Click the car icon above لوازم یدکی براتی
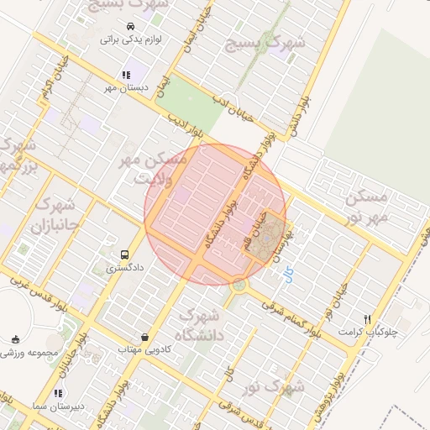tap(131, 26)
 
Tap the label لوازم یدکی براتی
tap(131, 39)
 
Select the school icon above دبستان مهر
tap(126, 75)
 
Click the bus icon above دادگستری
tap(125, 254)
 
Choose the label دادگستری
tap(124, 268)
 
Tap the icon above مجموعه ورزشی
tap(15, 339)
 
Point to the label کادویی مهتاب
tap(144, 349)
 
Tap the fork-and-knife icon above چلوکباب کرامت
tap(367, 319)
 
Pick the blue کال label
tap(290, 275)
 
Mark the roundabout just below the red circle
tap(240, 285)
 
